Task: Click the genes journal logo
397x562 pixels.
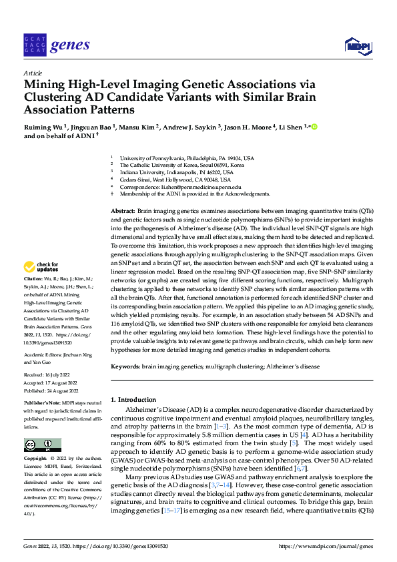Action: coord(57,45)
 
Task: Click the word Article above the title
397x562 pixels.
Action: coord(33,73)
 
